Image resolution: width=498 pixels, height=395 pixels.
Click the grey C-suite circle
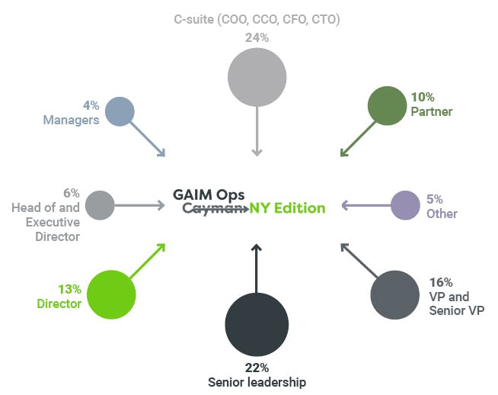click(257, 77)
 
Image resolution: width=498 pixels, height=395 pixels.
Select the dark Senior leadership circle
click(257, 324)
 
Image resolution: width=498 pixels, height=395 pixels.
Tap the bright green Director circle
click(111, 294)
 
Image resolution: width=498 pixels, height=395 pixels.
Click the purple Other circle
click(405, 205)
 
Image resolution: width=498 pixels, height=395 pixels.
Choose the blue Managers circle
click(120, 111)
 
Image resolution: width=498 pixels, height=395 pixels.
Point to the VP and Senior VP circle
click(394, 294)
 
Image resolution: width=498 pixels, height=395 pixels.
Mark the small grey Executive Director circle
click(100, 205)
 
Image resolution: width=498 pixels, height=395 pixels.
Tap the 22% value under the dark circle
click(257, 368)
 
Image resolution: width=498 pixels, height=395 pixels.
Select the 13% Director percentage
click(69, 289)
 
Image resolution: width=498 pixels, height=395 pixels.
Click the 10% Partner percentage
click(423, 97)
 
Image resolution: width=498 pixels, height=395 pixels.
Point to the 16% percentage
click(441, 282)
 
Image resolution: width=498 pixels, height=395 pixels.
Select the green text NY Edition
click(287, 207)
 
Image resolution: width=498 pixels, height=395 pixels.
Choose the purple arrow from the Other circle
click(366, 205)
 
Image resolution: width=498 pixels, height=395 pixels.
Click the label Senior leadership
click(257, 381)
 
